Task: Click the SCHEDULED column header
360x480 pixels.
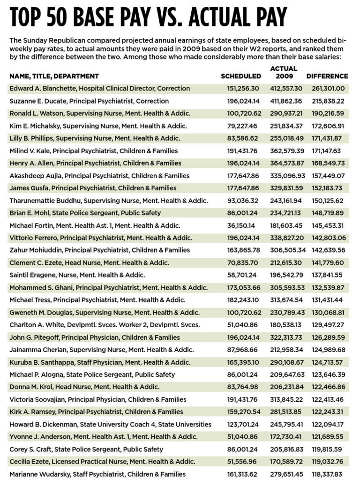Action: pyautogui.click(x=241, y=76)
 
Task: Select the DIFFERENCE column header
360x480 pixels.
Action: pyautogui.click(x=327, y=76)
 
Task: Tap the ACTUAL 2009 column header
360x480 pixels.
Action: pyautogui.click(x=284, y=72)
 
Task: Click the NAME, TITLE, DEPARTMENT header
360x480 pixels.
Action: pyautogui.click(x=54, y=76)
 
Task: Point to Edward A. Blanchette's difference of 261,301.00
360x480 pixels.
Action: pyautogui.click(x=328, y=89)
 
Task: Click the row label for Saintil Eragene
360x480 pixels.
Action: pyautogui.click(x=77, y=275)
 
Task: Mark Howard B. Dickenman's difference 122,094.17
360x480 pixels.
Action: pyautogui.click(x=328, y=424)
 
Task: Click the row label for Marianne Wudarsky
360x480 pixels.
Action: pyautogui.click(x=97, y=474)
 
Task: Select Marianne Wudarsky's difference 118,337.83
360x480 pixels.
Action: pyautogui.click(x=328, y=474)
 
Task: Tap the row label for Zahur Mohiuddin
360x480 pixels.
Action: pyautogui.click(x=99, y=250)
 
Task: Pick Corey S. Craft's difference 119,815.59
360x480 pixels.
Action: pyautogui.click(x=328, y=449)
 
